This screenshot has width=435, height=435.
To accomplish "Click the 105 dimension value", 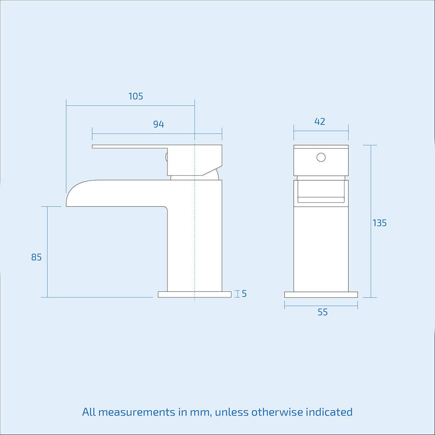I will point(136,96).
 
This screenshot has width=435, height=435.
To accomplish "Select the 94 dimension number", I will point(159,124).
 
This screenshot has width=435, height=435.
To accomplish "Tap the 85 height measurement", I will point(37,257).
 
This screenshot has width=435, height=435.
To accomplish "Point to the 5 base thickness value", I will point(244,294).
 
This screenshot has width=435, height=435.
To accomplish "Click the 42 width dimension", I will point(320,121).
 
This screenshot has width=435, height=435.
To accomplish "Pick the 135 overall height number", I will point(379,223).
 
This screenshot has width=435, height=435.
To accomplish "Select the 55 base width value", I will point(322,312).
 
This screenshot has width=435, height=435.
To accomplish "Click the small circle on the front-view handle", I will point(321,157).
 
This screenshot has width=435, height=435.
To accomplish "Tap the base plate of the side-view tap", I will point(194,294).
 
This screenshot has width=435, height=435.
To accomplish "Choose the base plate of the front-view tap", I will point(321,294).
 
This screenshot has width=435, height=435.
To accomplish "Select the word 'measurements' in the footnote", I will point(140,412).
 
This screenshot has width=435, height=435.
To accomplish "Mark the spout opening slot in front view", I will point(321,200).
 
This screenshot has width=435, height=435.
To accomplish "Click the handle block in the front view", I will point(321,161).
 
